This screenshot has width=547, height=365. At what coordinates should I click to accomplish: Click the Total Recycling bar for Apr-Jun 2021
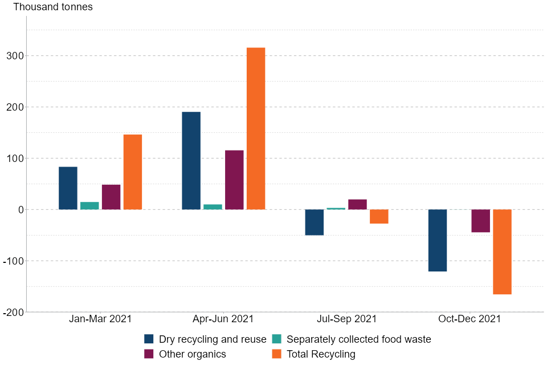click(256, 128)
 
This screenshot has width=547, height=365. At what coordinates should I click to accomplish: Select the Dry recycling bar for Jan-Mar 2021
click(68, 188)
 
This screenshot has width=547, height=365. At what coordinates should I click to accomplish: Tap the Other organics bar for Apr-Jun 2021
click(234, 180)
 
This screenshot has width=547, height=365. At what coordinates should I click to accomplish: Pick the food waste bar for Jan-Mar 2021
click(89, 206)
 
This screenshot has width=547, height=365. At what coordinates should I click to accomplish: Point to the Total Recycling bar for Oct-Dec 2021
click(502, 252)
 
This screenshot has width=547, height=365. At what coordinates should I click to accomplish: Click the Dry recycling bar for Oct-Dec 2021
click(438, 240)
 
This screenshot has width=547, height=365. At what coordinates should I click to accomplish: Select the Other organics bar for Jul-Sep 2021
click(357, 204)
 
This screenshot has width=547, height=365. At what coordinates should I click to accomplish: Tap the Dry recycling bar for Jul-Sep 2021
click(314, 222)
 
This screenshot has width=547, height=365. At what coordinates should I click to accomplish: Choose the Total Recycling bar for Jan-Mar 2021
click(133, 172)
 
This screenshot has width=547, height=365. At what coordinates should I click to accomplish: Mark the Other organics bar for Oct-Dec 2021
click(480, 221)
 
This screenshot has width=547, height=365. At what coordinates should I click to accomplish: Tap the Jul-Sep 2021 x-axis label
click(346, 319)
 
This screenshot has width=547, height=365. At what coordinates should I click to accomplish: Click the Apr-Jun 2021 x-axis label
click(223, 319)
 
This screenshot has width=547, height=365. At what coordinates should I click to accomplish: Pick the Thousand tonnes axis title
click(53, 7)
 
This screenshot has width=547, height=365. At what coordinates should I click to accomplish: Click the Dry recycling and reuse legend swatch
click(149, 339)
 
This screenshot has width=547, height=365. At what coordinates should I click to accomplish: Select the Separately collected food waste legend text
click(359, 339)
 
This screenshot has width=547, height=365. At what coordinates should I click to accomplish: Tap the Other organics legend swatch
click(149, 354)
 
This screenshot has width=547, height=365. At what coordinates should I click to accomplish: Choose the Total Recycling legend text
click(321, 354)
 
